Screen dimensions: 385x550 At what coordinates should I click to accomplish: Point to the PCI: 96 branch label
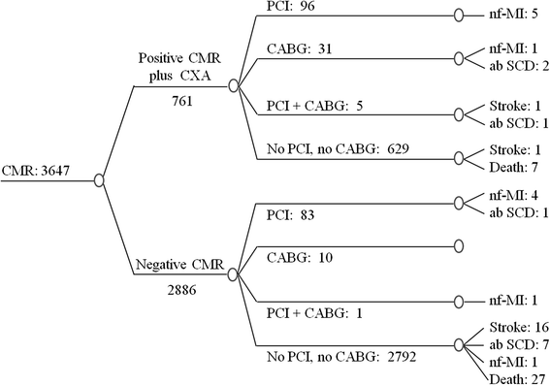point(291,8)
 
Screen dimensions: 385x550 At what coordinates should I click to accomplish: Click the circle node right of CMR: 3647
point(99,179)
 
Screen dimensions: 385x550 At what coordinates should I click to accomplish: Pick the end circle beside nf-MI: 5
point(459,16)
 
